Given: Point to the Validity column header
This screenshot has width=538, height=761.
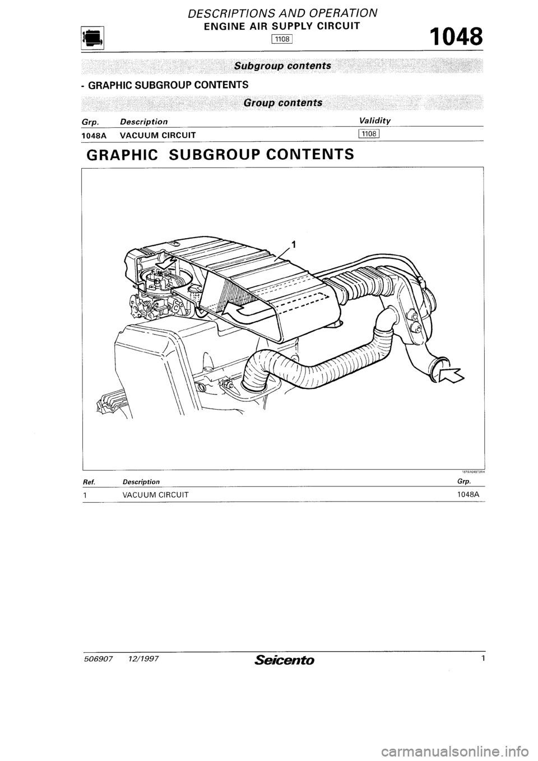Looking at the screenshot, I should point(375,121).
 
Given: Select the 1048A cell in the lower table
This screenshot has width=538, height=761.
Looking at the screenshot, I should point(470,494).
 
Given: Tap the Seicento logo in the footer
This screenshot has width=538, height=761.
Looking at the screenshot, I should point(285,660).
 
